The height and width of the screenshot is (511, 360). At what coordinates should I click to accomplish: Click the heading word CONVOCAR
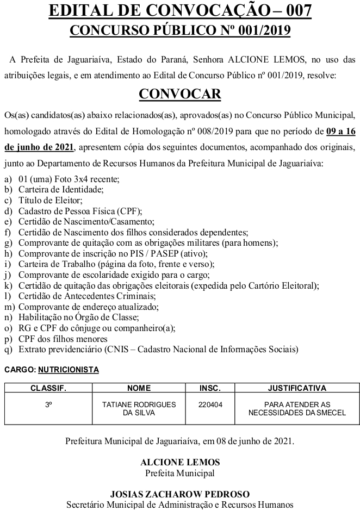click(x=180, y=94)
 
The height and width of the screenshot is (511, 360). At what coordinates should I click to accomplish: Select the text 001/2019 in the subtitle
click(x=262, y=30)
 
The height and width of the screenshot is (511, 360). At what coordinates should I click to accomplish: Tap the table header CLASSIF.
click(x=48, y=389)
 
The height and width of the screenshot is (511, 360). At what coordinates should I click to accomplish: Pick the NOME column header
click(x=138, y=389)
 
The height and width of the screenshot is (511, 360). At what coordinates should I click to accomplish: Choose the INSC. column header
click(x=210, y=389)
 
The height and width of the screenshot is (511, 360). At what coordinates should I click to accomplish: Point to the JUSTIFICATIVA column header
click(x=297, y=389)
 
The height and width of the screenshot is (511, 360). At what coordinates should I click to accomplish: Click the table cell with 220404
click(x=210, y=404)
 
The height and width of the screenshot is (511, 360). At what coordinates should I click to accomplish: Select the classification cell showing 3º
click(x=48, y=404)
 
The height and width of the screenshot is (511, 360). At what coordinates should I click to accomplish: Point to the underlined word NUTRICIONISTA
click(x=69, y=370)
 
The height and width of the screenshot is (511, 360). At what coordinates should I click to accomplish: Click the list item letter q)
click(x=8, y=349)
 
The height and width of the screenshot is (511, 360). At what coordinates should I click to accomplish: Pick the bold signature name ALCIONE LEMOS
click(x=180, y=462)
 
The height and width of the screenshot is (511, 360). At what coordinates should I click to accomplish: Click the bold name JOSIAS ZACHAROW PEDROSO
click(x=180, y=494)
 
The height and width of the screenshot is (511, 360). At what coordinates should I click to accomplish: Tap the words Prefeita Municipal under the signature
click(x=180, y=473)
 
